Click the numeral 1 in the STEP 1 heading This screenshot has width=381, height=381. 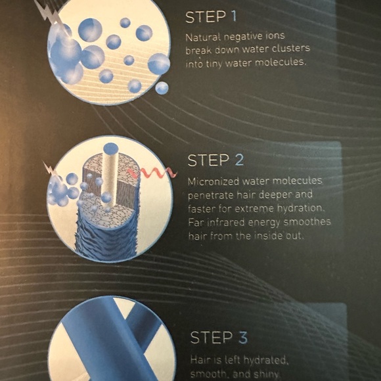234,16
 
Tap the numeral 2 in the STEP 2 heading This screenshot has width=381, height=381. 239,160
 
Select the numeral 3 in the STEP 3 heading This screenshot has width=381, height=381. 243,338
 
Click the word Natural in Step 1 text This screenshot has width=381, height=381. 203,37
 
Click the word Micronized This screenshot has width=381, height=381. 213,181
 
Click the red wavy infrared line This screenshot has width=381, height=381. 152,173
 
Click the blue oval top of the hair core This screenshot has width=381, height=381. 110,148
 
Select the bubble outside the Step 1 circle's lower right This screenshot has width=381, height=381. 162,88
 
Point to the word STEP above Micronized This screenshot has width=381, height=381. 209,161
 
